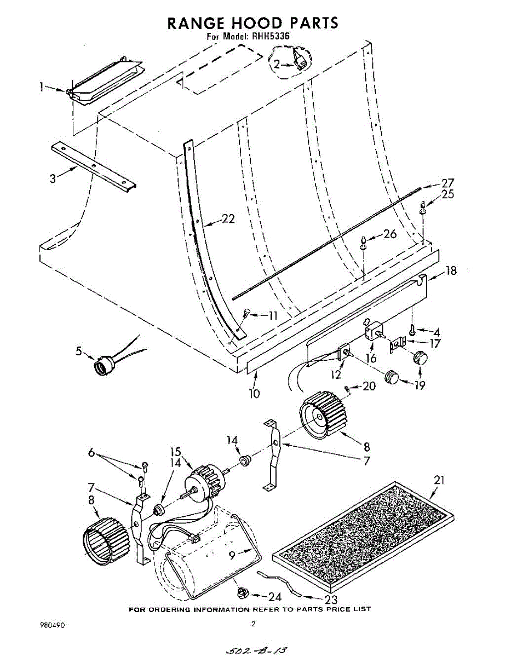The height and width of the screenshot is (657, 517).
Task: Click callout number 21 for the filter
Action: point(439,480)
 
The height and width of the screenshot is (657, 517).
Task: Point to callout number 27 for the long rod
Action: point(447,183)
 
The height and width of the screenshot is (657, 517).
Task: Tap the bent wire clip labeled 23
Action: point(279,583)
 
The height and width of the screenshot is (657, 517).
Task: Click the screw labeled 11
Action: point(246,314)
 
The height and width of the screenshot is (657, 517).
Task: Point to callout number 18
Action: point(452,270)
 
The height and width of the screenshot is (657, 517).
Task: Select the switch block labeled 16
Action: point(374,331)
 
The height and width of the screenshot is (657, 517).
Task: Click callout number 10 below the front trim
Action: point(255,393)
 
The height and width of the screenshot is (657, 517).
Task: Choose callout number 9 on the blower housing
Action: point(232,555)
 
